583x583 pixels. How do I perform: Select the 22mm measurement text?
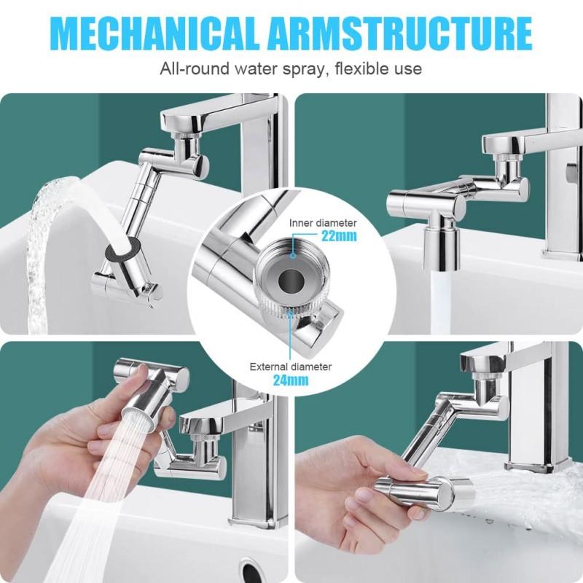pos(340,235)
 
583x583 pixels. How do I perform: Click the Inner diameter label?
pos(323,222)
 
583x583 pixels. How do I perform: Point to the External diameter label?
pos(290,367)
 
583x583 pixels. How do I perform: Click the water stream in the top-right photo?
pos(442,306)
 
